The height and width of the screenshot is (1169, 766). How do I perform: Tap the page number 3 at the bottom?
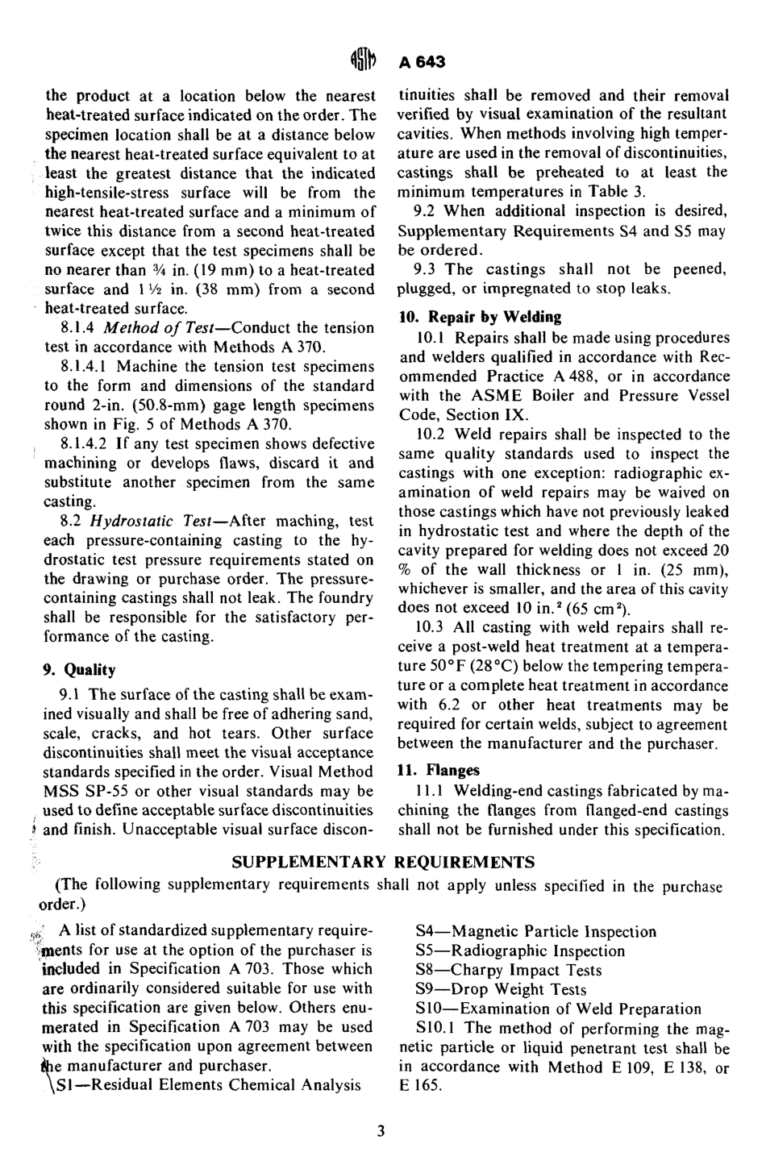pos(381,1130)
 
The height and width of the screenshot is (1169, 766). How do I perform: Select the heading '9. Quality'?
pos(79,670)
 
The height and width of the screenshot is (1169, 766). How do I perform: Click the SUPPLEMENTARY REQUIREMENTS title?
pos(383,863)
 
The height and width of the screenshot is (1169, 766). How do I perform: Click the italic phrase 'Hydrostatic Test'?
pos(164,521)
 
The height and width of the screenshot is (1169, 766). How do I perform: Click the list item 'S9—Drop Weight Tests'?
pos(501,990)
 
